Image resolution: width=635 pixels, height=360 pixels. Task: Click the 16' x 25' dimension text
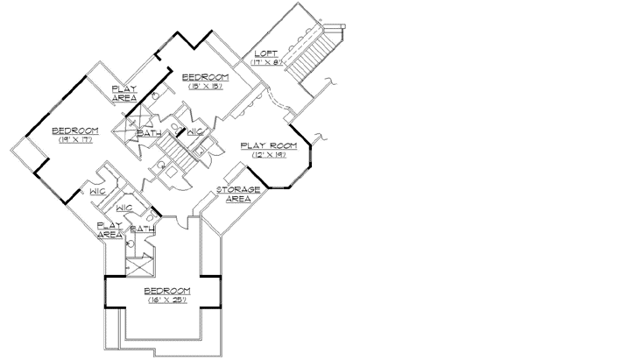tap(166, 301)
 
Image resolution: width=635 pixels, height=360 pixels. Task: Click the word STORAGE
tap(239, 190)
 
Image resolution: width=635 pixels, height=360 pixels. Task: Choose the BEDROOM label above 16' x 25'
tap(166, 291)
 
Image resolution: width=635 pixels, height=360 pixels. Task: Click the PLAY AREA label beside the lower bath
tap(109, 229)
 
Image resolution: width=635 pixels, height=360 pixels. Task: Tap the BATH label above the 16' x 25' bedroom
tap(143, 229)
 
